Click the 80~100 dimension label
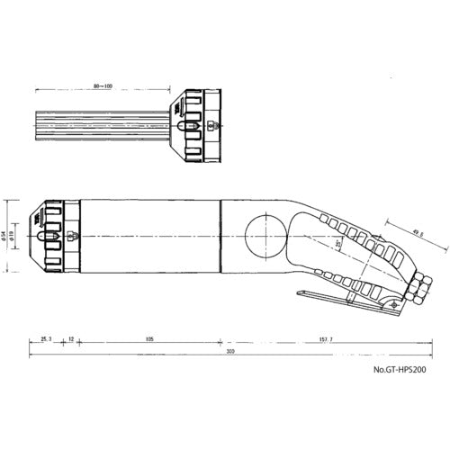pos(103,87)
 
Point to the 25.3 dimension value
pos(47,338)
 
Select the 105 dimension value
pos(149,338)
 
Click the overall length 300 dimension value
pos(230,352)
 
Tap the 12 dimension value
pos(71,338)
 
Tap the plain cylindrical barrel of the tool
pos(153,236)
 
